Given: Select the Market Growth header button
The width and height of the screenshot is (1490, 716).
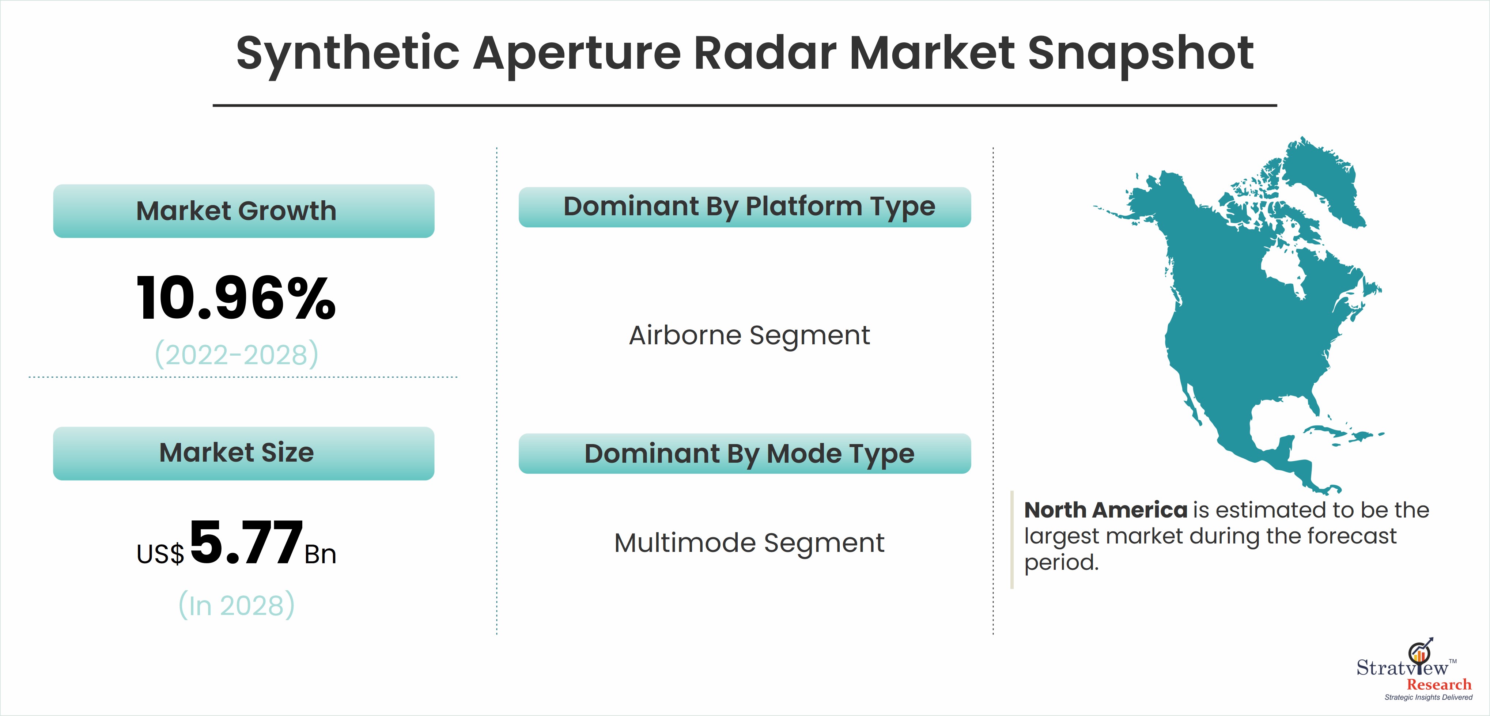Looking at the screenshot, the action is point(243,211).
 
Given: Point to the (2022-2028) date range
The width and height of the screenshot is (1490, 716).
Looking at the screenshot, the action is point(237,354).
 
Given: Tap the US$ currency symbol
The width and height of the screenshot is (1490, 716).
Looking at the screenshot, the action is point(160,554).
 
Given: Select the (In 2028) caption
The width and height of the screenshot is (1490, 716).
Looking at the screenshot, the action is point(237,605).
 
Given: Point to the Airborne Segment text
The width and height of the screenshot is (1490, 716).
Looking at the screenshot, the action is point(750,336).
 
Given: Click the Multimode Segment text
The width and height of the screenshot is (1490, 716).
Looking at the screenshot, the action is point(750,543).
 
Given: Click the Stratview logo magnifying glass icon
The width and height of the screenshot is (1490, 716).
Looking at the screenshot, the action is point(1419,654).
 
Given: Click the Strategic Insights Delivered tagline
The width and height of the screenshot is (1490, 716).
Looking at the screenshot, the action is point(1428,697).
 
